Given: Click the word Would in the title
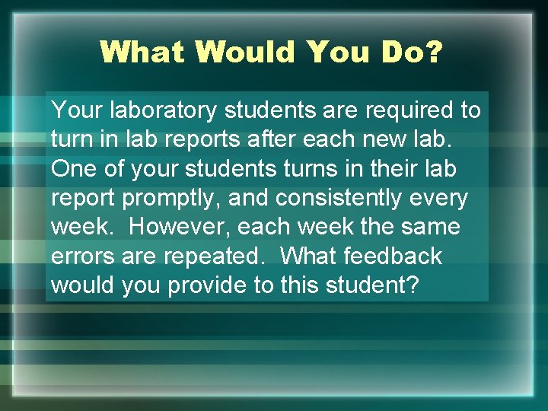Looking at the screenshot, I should (244, 52).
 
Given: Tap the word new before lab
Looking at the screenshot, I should (398, 140).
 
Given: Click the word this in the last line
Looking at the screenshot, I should (304, 285).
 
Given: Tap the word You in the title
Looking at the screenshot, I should (333, 52).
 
